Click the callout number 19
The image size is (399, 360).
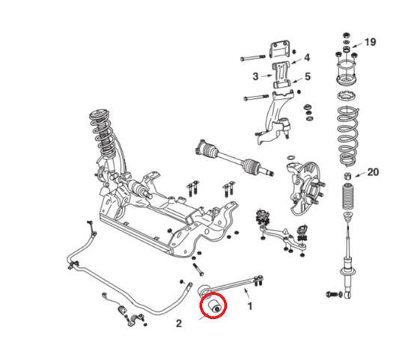click(x=371, y=42)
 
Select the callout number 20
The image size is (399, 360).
click(x=373, y=174)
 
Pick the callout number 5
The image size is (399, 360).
click(x=307, y=76)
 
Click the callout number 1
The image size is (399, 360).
click(x=250, y=305)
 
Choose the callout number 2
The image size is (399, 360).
click(x=179, y=324)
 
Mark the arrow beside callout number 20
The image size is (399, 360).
click(x=359, y=175)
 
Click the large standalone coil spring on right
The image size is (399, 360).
click(x=347, y=139)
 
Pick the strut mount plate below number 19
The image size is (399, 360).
click(x=347, y=76)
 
